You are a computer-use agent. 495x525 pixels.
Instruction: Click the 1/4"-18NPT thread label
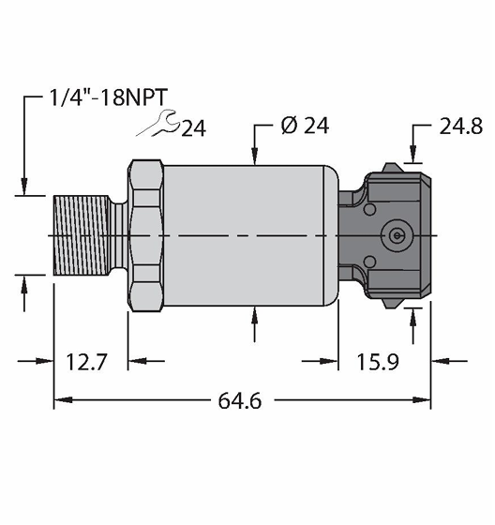point(108,97)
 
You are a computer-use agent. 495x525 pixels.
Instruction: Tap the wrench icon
point(157,123)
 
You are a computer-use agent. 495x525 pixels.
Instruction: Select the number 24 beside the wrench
point(193,127)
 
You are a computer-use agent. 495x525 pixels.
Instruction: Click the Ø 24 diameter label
point(305,126)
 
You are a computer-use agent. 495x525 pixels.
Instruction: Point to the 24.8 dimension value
point(461,127)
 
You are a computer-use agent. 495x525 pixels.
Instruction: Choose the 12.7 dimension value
point(86,362)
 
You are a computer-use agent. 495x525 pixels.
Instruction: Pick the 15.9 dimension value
point(378,362)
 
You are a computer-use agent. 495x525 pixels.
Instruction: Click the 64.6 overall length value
point(239,401)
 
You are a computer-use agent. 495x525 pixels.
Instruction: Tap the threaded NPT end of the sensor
point(82,235)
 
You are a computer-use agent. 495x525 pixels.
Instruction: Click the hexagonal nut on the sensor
point(145,235)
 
